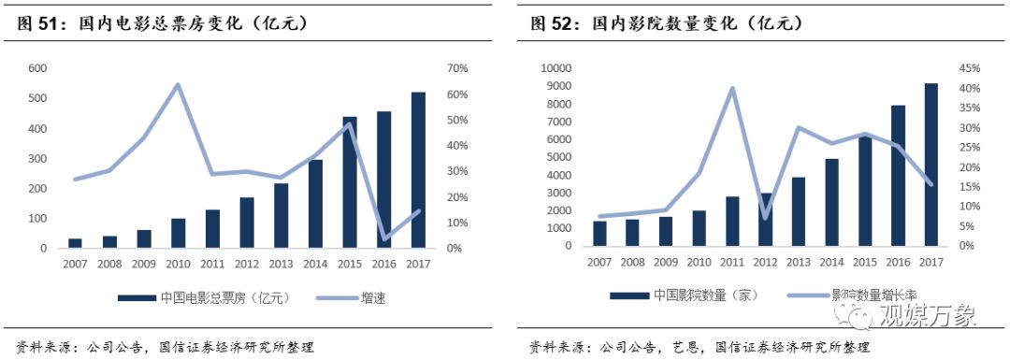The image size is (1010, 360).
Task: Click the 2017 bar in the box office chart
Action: click(x=418, y=170)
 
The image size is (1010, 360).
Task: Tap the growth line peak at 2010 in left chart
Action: click(x=178, y=85)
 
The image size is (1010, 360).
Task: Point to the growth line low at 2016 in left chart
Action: click(x=384, y=239)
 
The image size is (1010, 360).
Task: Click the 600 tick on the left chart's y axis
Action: click(x=37, y=69)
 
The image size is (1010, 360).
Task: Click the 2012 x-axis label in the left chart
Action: click(x=247, y=265)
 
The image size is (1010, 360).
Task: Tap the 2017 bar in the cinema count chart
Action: click(x=931, y=165)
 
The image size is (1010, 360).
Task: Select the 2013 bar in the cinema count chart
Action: click(x=798, y=211)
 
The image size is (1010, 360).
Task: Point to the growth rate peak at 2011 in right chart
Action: click(x=732, y=89)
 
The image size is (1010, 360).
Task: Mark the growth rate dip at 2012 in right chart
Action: click(x=765, y=218)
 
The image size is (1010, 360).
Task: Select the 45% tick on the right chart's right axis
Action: click(x=970, y=69)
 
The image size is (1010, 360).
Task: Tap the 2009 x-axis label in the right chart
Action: click(x=666, y=262)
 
